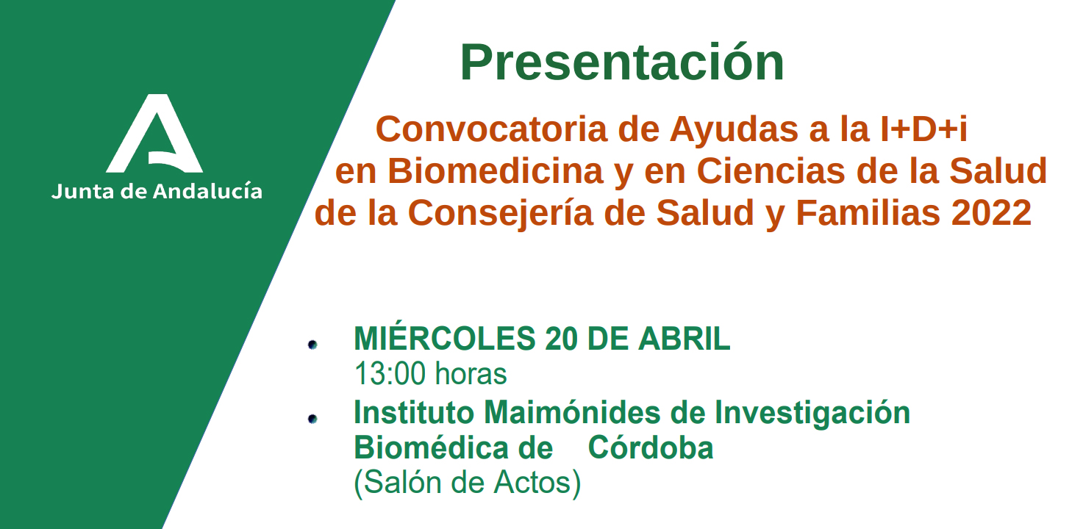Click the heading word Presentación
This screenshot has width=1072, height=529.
coord(622,62)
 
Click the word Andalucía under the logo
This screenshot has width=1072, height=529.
coord(207,191)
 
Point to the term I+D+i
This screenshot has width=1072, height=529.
coord(924,129)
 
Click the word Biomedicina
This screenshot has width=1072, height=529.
coord(495,170)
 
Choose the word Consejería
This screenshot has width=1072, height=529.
coord(501,213)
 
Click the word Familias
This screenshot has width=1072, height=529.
coord(868,213)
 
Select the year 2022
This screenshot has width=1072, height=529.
coord(991,213)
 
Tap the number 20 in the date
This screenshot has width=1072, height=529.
coord(560,339)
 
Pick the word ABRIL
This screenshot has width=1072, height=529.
coord(684,339)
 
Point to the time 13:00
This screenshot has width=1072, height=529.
coord(390,373)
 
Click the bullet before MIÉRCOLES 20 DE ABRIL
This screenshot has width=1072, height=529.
coord(312,345)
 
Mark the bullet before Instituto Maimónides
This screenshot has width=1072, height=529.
coord(312,419)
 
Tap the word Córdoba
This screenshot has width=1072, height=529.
coord(651,448)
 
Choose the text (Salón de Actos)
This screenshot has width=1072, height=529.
coord(467,483)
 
